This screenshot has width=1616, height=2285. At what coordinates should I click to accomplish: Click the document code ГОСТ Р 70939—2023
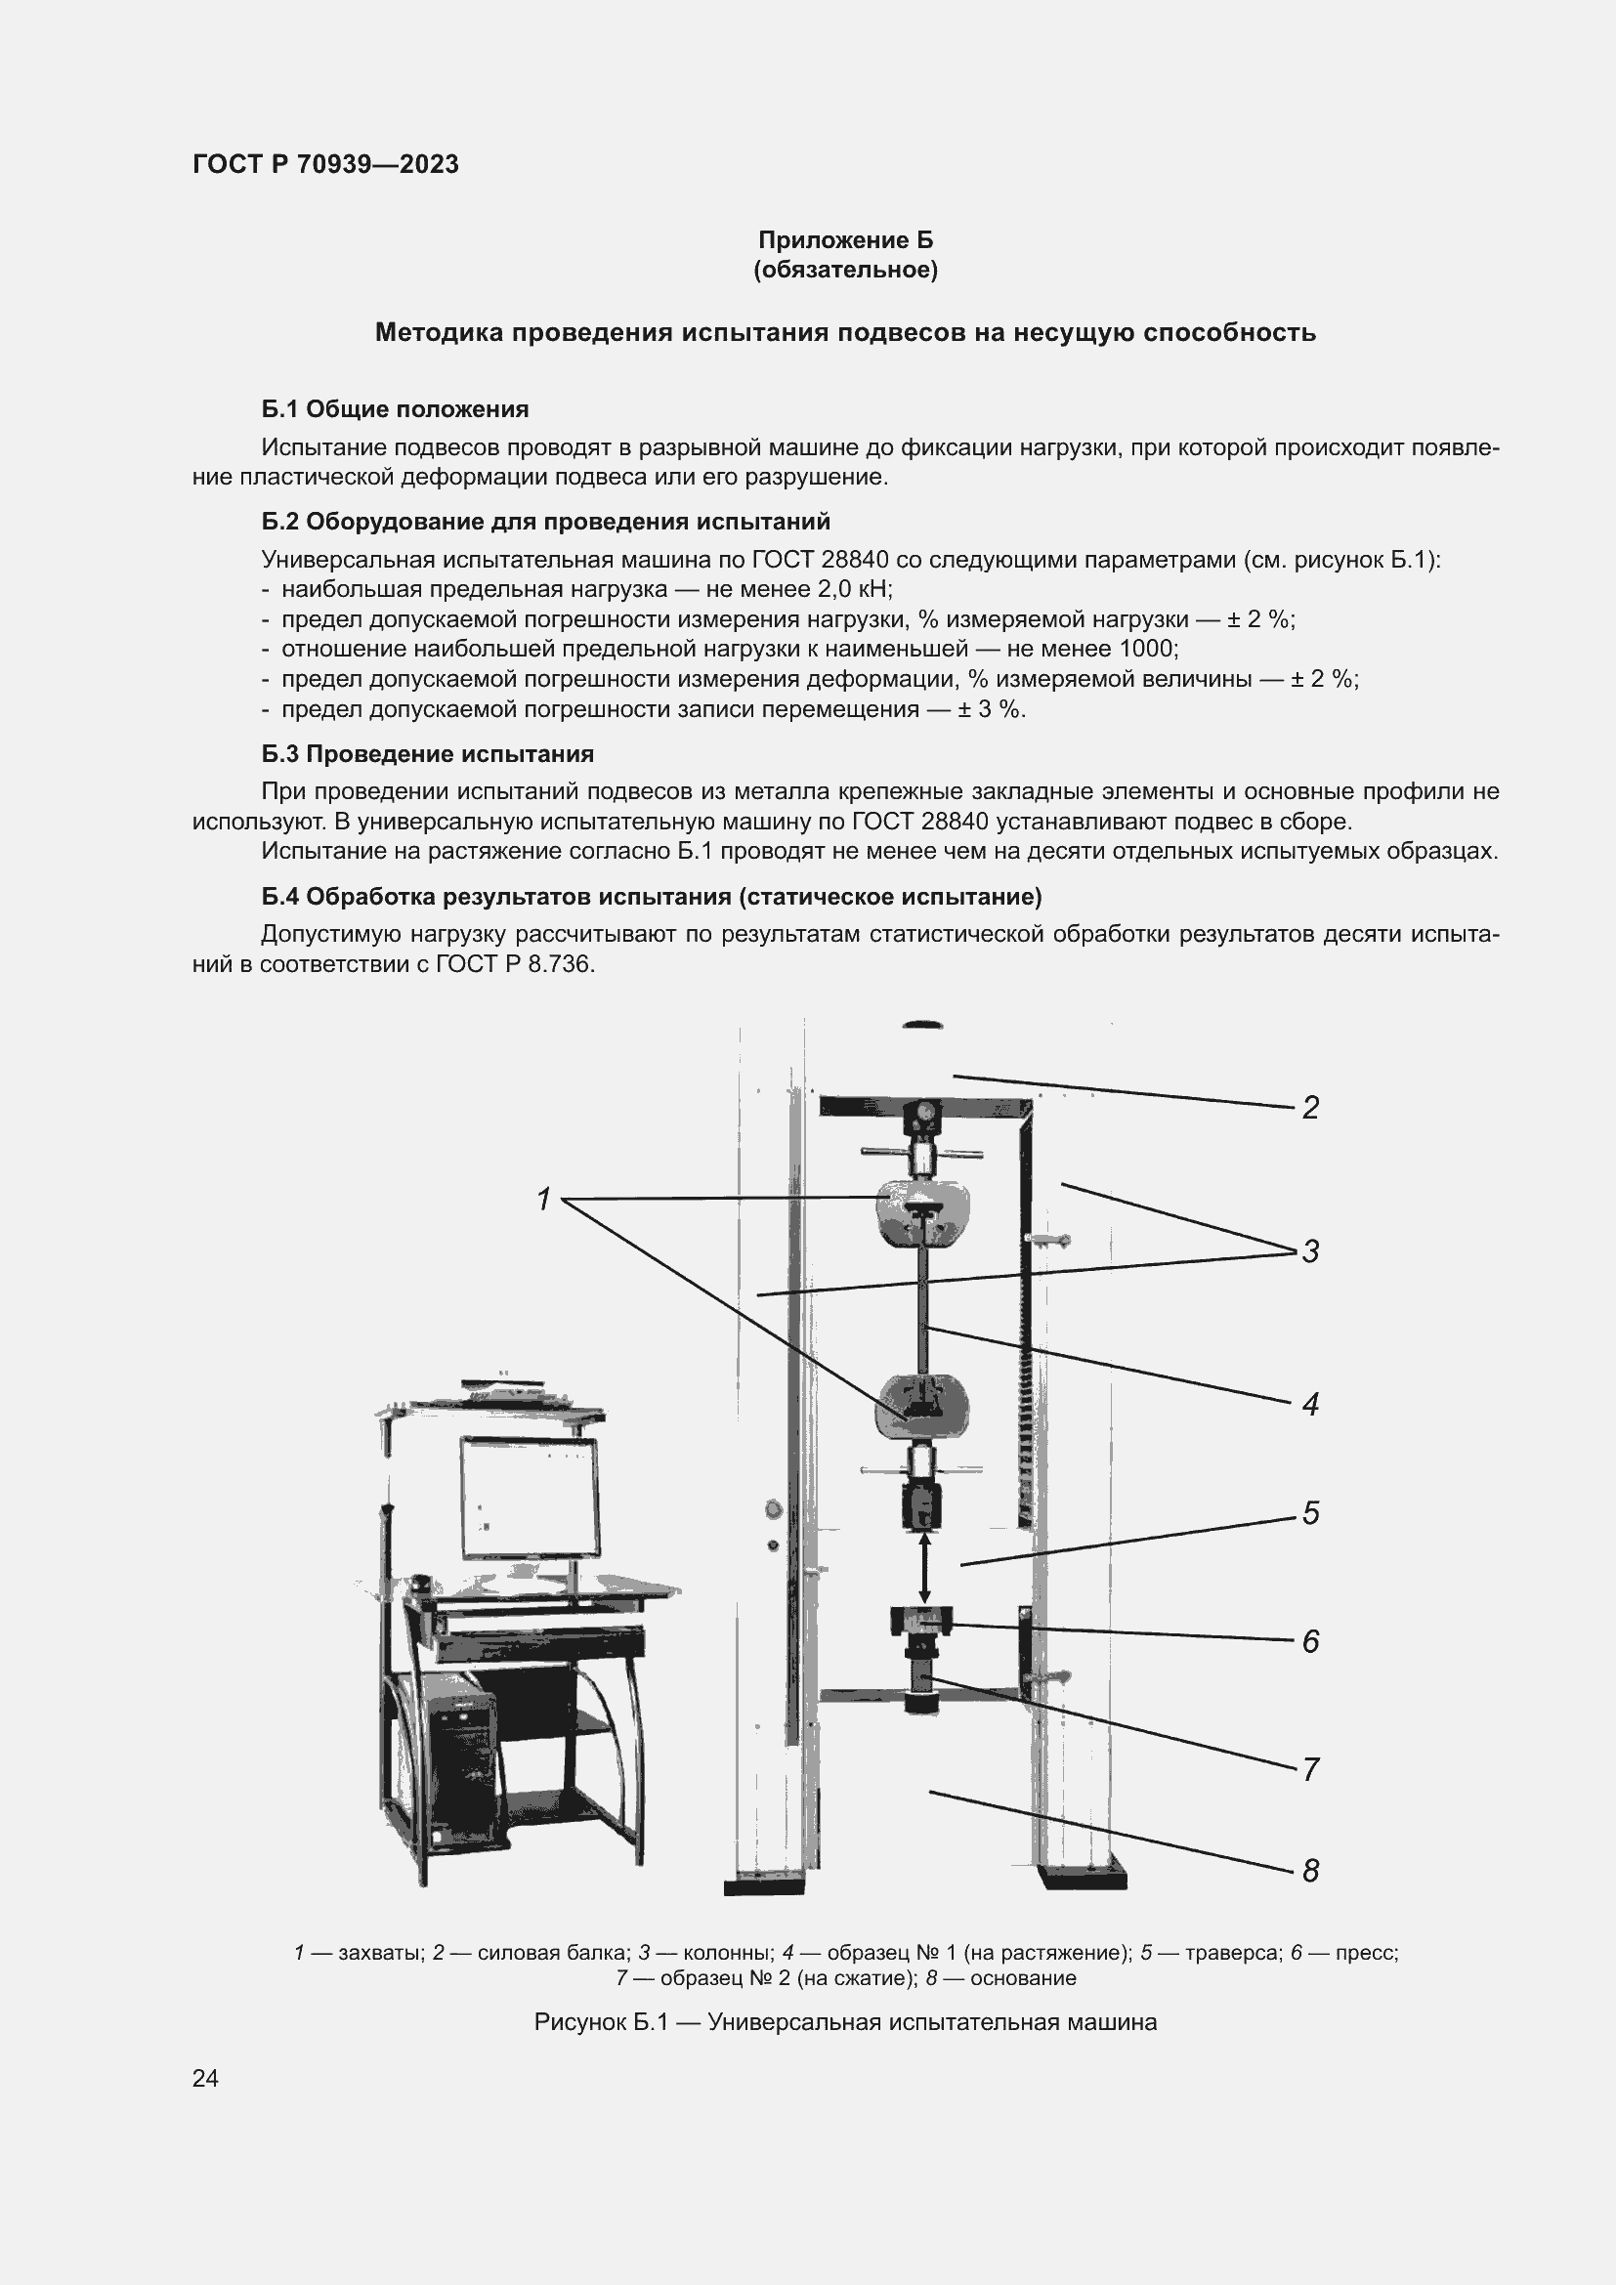pyautogui.click(x=325, y=164)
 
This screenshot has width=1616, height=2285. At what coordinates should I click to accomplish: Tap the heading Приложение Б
pyautogui.click(x=845, y=240)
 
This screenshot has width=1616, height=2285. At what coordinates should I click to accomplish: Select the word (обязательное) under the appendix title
pyautogui.click(x=845, y=270)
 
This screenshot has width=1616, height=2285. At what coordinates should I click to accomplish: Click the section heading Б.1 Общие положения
pyautogui.click(x=395, y=409)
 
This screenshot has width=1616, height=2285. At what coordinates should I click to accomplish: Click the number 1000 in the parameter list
pyautogui.click(x=1147, y=649)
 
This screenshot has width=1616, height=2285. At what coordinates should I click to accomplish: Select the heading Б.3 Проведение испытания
pyautogui.click(x=428, y=753)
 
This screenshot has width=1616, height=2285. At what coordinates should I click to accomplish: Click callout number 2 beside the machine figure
pyautogui.click(x=1310, y=1108)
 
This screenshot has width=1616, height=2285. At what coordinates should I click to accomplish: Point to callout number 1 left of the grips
pyautogui.click(x=543, y=1201)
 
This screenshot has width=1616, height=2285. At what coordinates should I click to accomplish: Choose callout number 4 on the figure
pyautogui.click(x=1310, y=1405)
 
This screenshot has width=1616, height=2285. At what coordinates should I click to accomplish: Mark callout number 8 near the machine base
pyautogui.click(x=1310, y=1871)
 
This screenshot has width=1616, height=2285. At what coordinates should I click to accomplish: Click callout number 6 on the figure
pyautogui.click(x=1310, y=1641)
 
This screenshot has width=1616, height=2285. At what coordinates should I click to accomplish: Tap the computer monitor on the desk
pyautogui.click(x=530, y=1500)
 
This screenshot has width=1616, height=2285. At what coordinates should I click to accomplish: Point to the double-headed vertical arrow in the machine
pyautogui.click(x=924, y=1566)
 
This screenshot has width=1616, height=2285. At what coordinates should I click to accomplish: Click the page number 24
pyautogui.click(x=205, y=2078)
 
